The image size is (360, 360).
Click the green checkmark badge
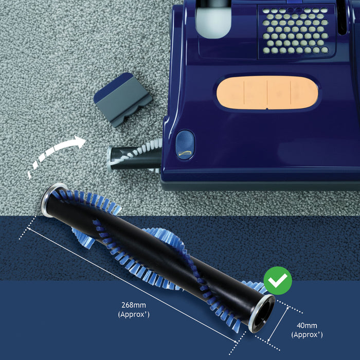point(278,280)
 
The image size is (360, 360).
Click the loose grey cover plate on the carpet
point(122,98)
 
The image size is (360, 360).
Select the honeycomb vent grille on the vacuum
point(295,31)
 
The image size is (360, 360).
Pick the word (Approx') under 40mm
point(307,334)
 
